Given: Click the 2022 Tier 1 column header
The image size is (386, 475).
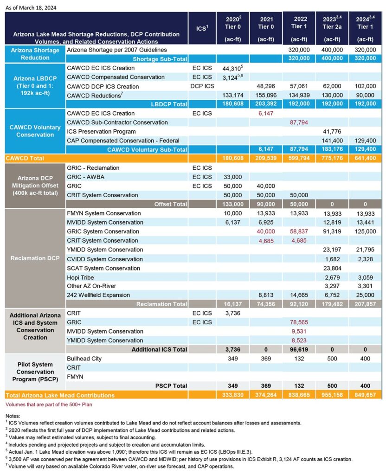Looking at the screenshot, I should coord(300,28).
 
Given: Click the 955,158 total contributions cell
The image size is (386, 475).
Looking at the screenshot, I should coord(333,396).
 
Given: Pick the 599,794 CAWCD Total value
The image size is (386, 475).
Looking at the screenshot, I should coord(299,159).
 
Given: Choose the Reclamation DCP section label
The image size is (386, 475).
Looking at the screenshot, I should coord(35,258).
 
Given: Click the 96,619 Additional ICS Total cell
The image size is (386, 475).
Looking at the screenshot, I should coord(300,349).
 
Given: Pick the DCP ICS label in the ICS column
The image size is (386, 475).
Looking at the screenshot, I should coord(202,86).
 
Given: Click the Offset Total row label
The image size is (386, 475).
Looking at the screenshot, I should coord(171,204).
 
